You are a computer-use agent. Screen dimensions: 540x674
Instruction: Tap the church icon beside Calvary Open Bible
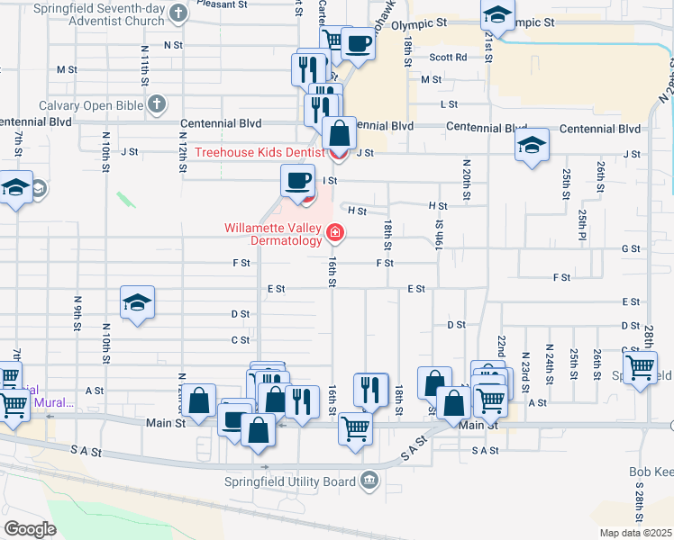coord(157,105)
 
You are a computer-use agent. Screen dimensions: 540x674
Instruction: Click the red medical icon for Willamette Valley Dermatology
coord(336,234)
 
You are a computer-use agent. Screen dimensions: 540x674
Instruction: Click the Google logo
coord(31,529)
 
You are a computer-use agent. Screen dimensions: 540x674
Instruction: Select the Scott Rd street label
coord(448,57)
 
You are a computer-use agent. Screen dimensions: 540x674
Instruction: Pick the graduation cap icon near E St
coord(137,303)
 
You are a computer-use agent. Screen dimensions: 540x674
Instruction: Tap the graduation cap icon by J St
coord(532,146)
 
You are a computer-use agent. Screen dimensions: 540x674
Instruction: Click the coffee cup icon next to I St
coord(297,180)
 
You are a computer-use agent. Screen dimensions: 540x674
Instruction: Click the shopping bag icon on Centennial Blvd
coord(340,134)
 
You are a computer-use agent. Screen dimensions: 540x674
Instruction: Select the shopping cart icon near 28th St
coord(640,367)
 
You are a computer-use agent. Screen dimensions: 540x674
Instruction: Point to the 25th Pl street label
coord(583,220)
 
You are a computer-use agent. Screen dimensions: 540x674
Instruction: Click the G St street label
coord(630,248)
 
